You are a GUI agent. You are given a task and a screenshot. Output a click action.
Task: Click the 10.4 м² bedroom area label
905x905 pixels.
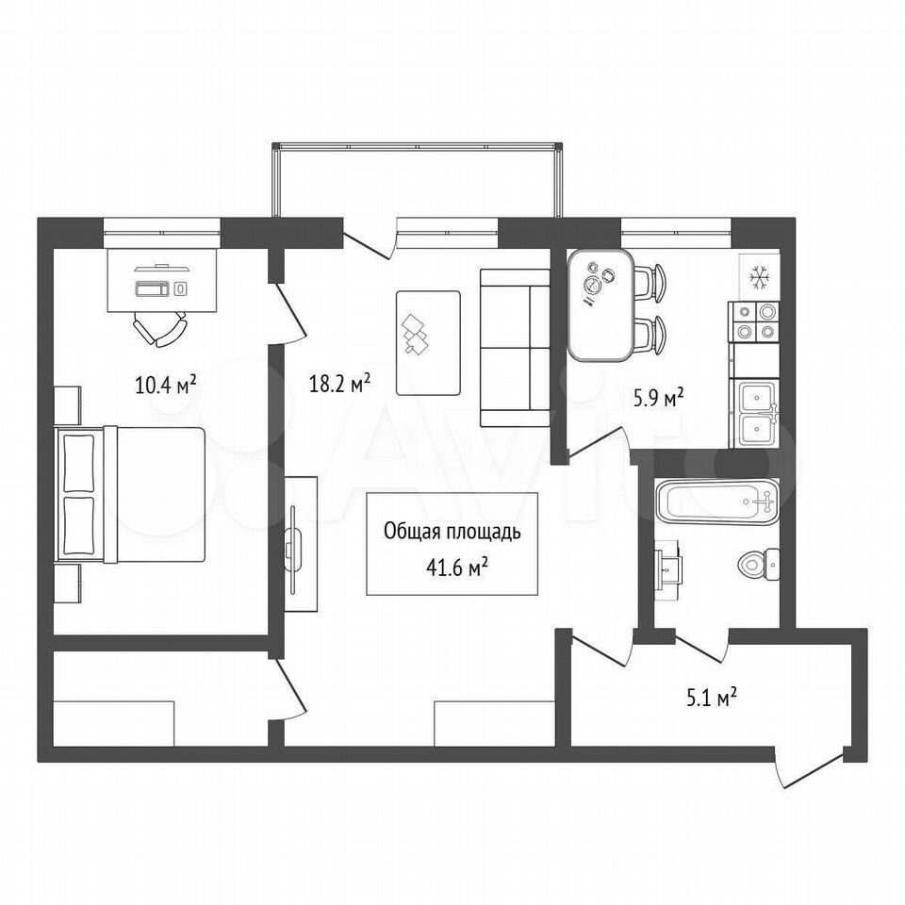166,384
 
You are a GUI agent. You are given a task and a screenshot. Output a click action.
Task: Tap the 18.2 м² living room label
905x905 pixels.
339,383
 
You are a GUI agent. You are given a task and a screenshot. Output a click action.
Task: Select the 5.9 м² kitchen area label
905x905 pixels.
659,398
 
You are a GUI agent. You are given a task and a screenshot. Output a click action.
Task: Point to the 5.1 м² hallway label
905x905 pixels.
711,698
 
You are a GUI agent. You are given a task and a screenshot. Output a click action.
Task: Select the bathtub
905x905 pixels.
717,502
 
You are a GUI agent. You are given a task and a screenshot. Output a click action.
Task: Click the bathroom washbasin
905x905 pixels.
666,569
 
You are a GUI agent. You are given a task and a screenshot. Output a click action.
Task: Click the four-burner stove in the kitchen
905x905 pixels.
755,322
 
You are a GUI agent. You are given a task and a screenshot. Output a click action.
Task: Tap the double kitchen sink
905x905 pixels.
757,413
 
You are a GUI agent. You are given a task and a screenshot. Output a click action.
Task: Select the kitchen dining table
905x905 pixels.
601,304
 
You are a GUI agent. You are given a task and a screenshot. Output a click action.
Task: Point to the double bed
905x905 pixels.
130,494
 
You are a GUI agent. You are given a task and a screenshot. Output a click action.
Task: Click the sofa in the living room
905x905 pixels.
515,348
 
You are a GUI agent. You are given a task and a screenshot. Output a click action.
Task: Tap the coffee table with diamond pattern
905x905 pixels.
428,343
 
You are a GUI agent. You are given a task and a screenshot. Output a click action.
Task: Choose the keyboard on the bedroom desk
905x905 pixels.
153,288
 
